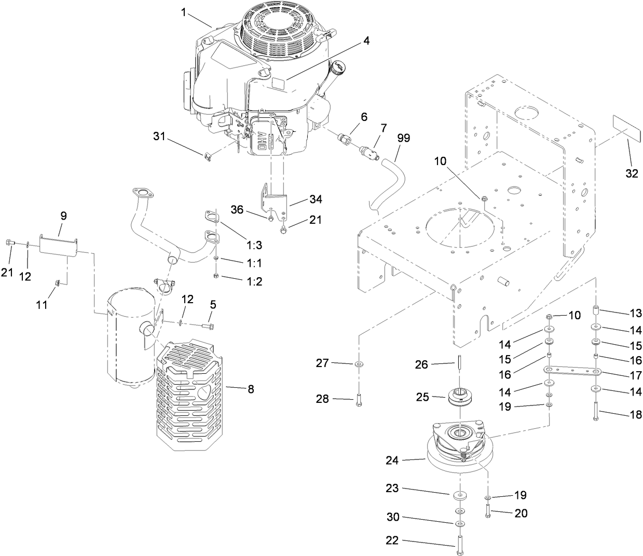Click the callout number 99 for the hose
(x=403, y=138)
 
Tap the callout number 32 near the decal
(x=631, y=173)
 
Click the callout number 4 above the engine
(x=366, y=41)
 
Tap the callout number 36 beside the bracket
(x=237, y=209)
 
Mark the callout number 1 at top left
(x=183, y=12)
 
